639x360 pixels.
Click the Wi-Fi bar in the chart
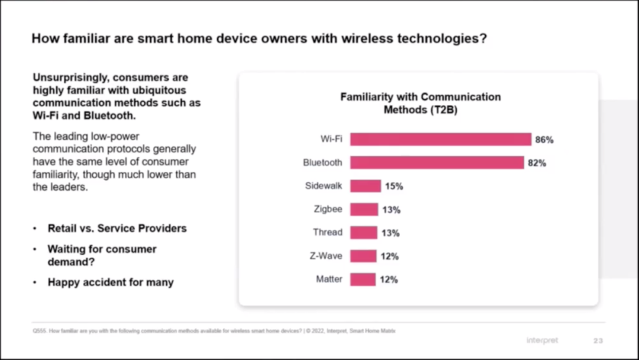tap(440, 139)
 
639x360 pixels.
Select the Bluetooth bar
tap(437, 162)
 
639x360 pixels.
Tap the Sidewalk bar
tap(365, 186)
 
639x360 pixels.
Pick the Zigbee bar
tap(364, 209)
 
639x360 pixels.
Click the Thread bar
tap(363, 233)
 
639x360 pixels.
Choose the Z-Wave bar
tap(363, 256)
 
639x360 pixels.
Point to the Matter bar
tap(363, 279)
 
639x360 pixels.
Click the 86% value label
tap(544, 140)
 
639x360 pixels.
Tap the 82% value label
tap(537, 163)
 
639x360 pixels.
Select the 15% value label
tap(394, 186)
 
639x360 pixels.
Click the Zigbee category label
tap(328, 209)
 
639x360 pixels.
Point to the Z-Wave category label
tap(325, 256)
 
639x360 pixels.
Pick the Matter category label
tap(329, 279)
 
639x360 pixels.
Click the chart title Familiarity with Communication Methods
tap(420, 103)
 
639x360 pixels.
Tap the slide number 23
tap(598, 340)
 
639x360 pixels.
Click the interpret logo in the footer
tap(542, 340)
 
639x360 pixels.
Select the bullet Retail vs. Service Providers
tap(117, 229)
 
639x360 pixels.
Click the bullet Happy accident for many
tap(111, 282)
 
